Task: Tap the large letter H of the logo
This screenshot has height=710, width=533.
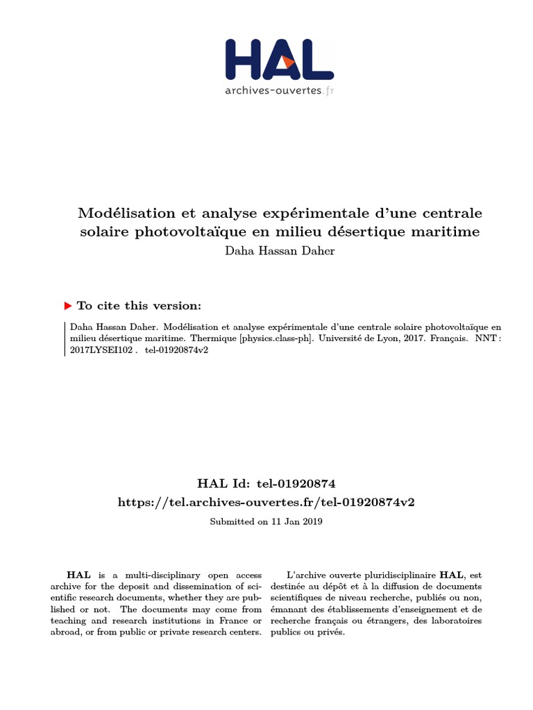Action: click(x=246, y=59)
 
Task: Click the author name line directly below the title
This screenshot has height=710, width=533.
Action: click(x=280, y=251)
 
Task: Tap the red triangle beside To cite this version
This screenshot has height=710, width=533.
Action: click(x=67, y=306)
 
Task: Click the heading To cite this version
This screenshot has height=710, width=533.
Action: click(x=139, y=306)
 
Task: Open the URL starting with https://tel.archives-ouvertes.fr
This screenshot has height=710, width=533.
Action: click(x=266, y=502)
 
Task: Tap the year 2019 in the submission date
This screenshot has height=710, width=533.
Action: click(x=310, y=521)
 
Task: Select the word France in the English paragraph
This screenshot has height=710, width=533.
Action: click(x=224, y=621)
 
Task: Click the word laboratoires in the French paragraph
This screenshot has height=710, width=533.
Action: click(x=455, y=621)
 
